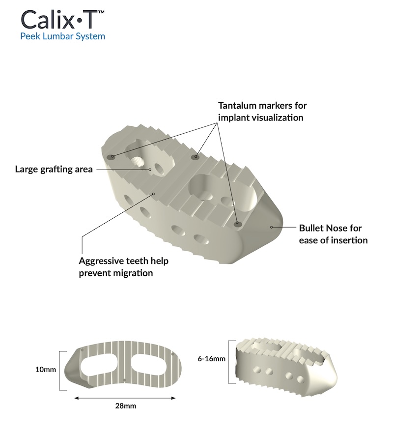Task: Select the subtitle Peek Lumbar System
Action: pyautogui.click(x=62, y=36)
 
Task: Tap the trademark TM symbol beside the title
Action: pyautogui.click(x=101, y=10)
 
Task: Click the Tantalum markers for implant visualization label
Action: pyautogui.click(x=262, y=112)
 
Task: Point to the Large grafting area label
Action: pyautogui.click(x=54, y=170)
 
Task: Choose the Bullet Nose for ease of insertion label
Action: pyautogui.click(x=333, y=234)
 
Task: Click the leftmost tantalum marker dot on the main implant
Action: pyautogui.click(x=112, y=157)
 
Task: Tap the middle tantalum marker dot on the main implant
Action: pyautogui.click(x=196, y=157)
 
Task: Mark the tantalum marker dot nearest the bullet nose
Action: pyautogui.click(x=238, y=224)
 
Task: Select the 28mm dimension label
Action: pyautogui.click(x=125, y=406)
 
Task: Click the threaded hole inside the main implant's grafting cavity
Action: pyautogui.click(x=137, y=162)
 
